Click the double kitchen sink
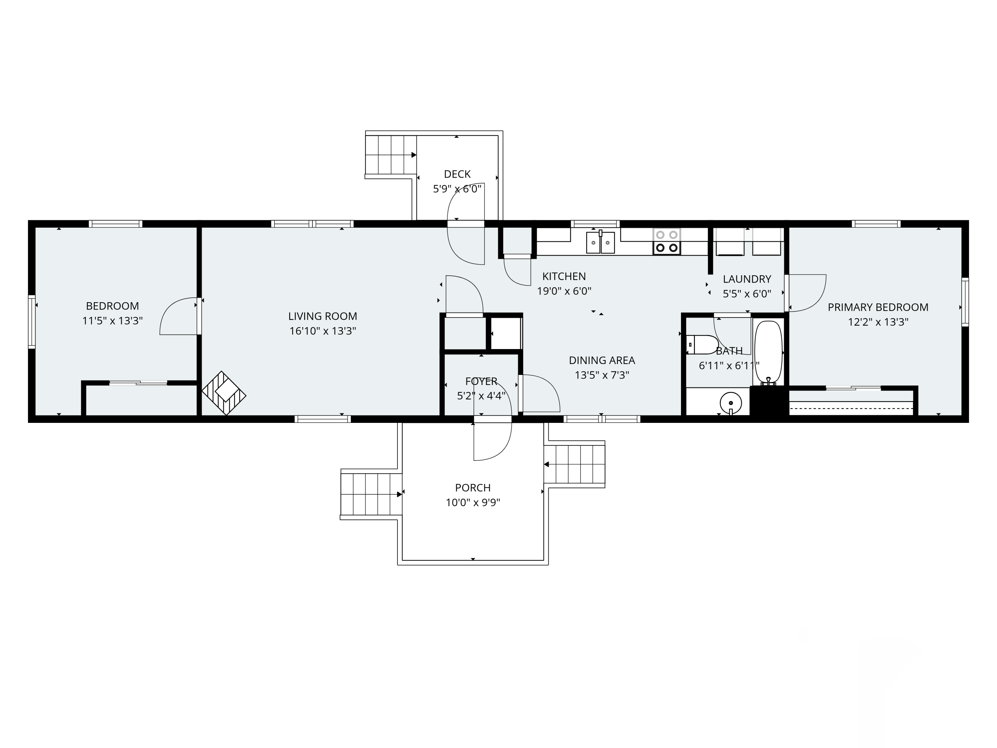point(601,243)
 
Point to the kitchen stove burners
point(667,241)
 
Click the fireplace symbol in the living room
point(224,393)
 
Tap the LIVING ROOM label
point(323,316)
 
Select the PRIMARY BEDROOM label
point(878,307)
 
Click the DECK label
point(457,174)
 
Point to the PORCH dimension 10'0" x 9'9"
point(473,502)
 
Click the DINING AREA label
point(602,360)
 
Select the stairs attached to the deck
point(390,155)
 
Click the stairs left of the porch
point(371,494)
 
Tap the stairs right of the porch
point(575,464)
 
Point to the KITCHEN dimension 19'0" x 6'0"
point(564,291)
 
